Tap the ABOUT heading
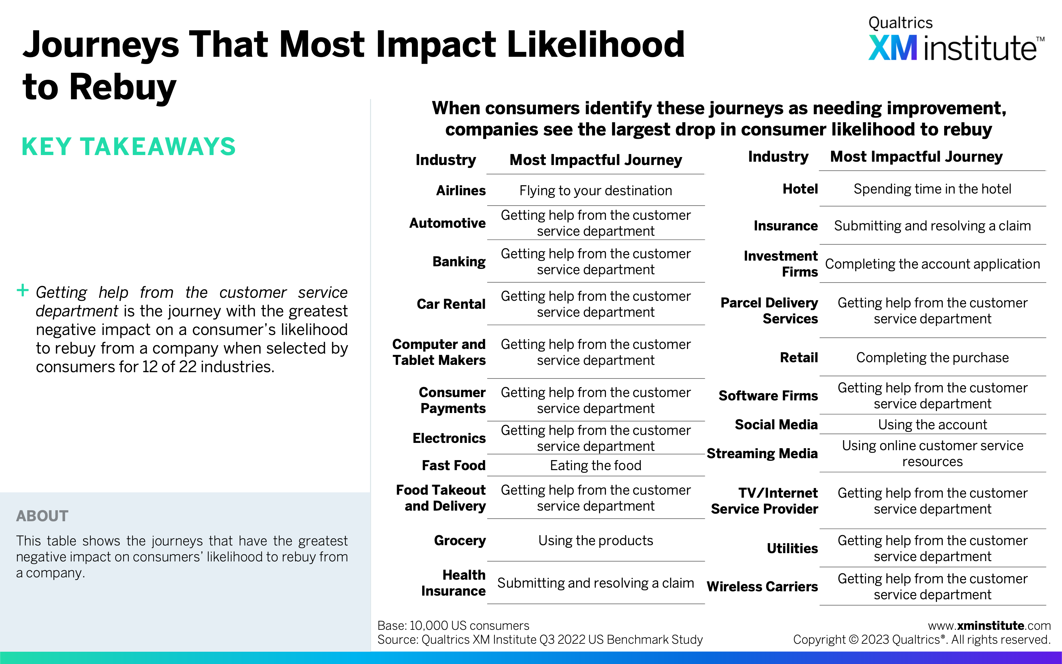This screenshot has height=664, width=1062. [x=42, y=516]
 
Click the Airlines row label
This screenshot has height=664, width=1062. [x=461, y=191]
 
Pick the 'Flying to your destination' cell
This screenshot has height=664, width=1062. [x=595, y=191]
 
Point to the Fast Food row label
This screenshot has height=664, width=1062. [x=454, y=465]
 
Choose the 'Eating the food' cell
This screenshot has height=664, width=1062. [x=595, y=465]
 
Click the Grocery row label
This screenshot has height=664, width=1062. [x=460, y=540]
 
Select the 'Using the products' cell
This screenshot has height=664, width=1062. [x=595, y=540]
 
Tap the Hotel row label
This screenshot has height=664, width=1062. [x=800, y=189]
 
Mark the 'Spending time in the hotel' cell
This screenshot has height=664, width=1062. [x=933, y=189]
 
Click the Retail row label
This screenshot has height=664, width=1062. [x=799, y=358]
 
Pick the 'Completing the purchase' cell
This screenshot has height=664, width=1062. [x=933, y=358]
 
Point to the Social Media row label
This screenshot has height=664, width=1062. [x=776, y=425]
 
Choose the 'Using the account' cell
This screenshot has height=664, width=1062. [x=933, y=425]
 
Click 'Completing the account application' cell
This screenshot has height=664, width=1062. [x=933, y=264]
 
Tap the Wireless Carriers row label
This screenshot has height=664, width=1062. [x=762, y=587]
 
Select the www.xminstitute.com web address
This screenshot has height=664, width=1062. [x=989, y=625]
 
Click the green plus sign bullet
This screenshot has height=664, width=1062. [x=22, y=290]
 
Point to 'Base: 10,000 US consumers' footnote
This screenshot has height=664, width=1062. [x=453, y=625]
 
